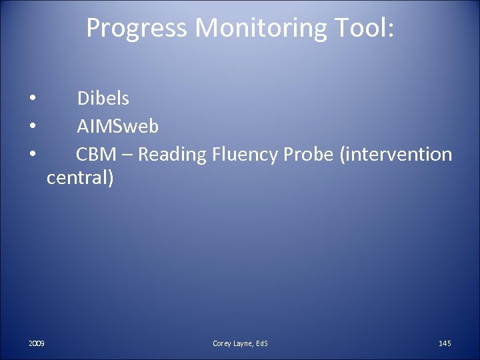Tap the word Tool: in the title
click(361, 28)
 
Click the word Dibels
click(103, 99)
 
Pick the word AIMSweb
click(118, 126)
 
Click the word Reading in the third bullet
click(173, 155)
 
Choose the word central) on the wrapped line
click(80, 179)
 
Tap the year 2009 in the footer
click(37, 343)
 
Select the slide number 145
click(445, 343)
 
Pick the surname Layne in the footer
click(243, 343)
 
